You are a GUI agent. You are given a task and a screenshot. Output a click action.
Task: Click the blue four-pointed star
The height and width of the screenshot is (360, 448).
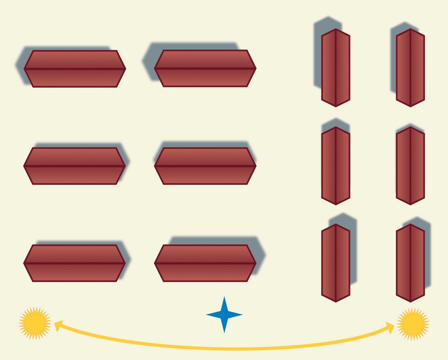tap(224, 315)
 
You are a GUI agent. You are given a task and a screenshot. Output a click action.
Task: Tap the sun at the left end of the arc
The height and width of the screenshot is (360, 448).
tap(35, 323)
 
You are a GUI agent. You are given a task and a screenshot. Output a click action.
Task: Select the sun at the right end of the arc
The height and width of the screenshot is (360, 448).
tap(412, 324)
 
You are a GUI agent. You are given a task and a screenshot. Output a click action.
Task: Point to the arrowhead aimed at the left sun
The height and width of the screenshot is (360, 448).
tap(58, 326)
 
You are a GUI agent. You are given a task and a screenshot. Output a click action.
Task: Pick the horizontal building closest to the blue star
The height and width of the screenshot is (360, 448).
tap(205, 263)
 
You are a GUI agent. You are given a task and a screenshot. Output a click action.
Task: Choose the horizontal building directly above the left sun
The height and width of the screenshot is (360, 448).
tap(75, 263)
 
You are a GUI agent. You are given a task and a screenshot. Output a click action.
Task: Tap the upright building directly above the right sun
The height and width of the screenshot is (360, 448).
tap(410, 263)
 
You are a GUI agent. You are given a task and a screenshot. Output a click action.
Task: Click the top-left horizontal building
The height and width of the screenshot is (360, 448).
tap(75, 68)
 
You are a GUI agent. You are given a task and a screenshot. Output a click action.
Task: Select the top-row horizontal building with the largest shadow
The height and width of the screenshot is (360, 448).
tap(205, 68)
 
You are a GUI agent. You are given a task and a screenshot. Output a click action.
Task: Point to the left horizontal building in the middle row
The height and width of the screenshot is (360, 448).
tap(75, 166)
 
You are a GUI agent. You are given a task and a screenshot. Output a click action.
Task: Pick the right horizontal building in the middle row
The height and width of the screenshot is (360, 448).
tap(205, 166)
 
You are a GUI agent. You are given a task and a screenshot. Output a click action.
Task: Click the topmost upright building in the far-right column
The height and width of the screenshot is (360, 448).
tap(410, 68)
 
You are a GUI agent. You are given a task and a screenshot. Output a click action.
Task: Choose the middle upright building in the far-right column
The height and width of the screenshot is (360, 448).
tap(410, 165)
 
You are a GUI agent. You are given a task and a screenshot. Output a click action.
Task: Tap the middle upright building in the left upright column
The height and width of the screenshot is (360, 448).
tap(335, 165)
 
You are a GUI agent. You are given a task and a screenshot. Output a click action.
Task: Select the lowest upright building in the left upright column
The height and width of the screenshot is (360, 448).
tap(335, 263)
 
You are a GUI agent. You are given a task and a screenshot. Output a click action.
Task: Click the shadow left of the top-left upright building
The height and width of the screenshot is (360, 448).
tap(318, 55)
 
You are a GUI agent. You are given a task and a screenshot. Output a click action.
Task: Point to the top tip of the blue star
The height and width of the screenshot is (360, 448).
tap(224, 298)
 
